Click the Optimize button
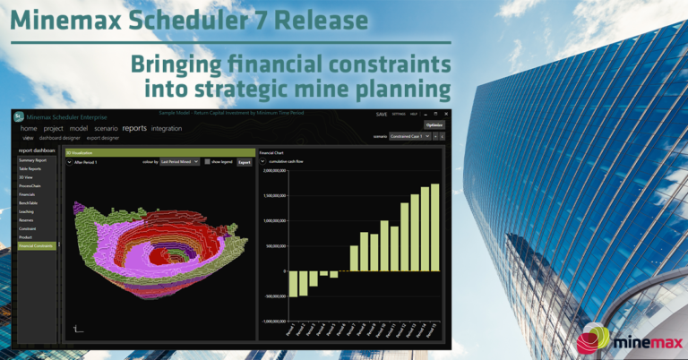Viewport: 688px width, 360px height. click(434, 125)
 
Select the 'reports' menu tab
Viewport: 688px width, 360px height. click(134, 129)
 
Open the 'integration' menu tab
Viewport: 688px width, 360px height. click(166, 129)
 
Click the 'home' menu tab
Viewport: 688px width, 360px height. click(29, 129)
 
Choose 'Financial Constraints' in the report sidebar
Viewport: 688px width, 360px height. click(37, 245)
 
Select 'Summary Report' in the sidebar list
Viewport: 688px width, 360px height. click(32, 160)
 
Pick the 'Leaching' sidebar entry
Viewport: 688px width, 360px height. click(27, 211)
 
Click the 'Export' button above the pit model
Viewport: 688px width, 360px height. click(244, 162)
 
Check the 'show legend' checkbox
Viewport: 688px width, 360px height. click(207, 162)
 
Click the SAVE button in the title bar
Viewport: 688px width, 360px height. click(382, 115)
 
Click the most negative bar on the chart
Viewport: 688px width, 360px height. click(292, 283)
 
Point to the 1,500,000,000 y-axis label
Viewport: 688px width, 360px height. click(273, 195)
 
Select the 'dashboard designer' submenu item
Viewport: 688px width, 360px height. click(60, 138)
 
